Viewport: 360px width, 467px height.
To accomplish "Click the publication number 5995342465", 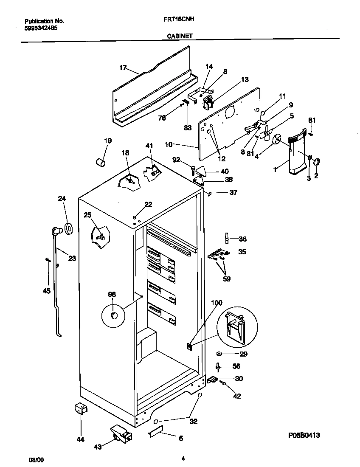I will (41, 28).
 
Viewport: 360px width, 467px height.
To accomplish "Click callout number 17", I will (123, 68).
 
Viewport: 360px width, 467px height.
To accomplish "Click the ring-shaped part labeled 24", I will (67, 228).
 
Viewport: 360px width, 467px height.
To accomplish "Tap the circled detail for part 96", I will (114, 315).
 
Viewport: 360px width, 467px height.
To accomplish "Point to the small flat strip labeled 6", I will (157, 433).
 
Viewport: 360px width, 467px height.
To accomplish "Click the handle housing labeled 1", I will (297, 155).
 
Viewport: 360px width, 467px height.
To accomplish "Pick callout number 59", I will (227, 279).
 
